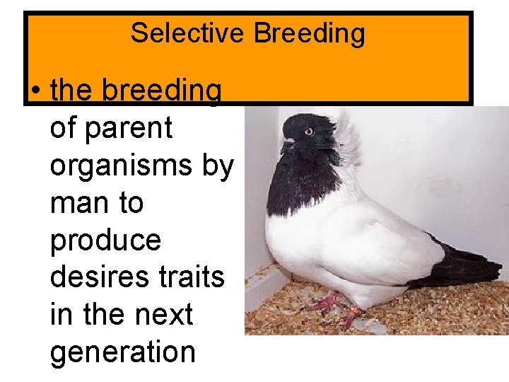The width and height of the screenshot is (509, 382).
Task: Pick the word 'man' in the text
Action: (x=74, y=204)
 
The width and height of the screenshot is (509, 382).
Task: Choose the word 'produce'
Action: (x=105, y=241)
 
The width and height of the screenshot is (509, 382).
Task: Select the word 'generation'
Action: (x=122, y=352)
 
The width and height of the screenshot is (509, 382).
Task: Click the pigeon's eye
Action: (x=309, y=132)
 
